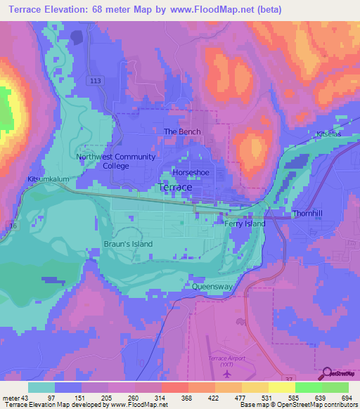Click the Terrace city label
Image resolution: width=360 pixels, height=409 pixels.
175,188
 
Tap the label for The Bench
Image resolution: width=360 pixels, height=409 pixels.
182,131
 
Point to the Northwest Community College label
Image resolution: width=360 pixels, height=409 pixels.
116,161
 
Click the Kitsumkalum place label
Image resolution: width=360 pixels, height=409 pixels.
49,179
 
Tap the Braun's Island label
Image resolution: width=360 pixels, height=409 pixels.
129,244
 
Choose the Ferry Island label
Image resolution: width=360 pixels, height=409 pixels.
245,223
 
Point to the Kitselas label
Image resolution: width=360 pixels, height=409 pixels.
328,134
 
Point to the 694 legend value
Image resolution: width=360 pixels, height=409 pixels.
345,398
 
